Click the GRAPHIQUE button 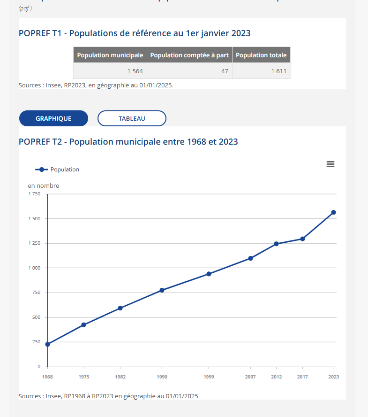(53, 118)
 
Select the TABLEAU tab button (132, 118)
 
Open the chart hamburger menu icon (330, 164)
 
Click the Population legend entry (58, 170)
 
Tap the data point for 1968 (47, 344)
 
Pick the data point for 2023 (333, 212)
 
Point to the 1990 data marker (162, 290)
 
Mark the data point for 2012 (276, 244)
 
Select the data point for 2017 (302, 239)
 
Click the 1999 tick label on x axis (209, 377)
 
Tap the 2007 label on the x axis (250, 377)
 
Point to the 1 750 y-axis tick (35, 194)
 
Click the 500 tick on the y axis (37, 317)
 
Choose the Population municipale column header (110, 55)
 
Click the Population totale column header (261, 55)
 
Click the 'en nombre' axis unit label (44, 185)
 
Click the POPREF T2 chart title (128, 141)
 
